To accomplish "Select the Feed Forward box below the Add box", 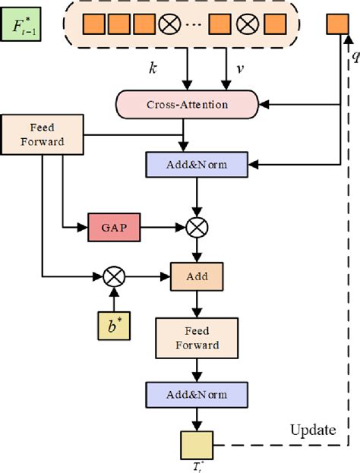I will click(198, 338).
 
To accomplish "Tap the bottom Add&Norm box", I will click(199, 396).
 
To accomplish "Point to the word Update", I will click(313, 430).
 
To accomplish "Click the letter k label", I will click(153, 69).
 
